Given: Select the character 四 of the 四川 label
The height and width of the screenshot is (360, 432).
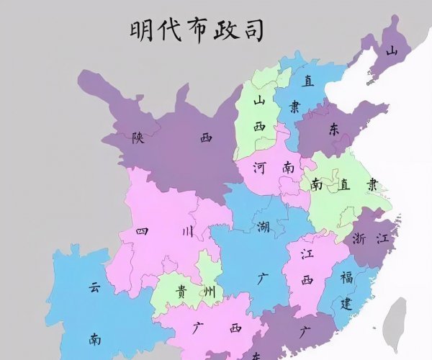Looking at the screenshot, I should coord(143,232).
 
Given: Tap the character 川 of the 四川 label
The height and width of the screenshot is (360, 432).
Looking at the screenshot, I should coord(187,232).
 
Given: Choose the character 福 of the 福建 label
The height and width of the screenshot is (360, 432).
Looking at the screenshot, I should coord(347,276).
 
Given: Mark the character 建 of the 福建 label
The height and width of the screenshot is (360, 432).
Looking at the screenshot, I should coord(346,303).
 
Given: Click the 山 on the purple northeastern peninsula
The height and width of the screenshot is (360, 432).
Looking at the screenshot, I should coord(392,51).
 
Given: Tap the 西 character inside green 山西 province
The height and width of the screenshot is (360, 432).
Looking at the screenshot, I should coord(259,127).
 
